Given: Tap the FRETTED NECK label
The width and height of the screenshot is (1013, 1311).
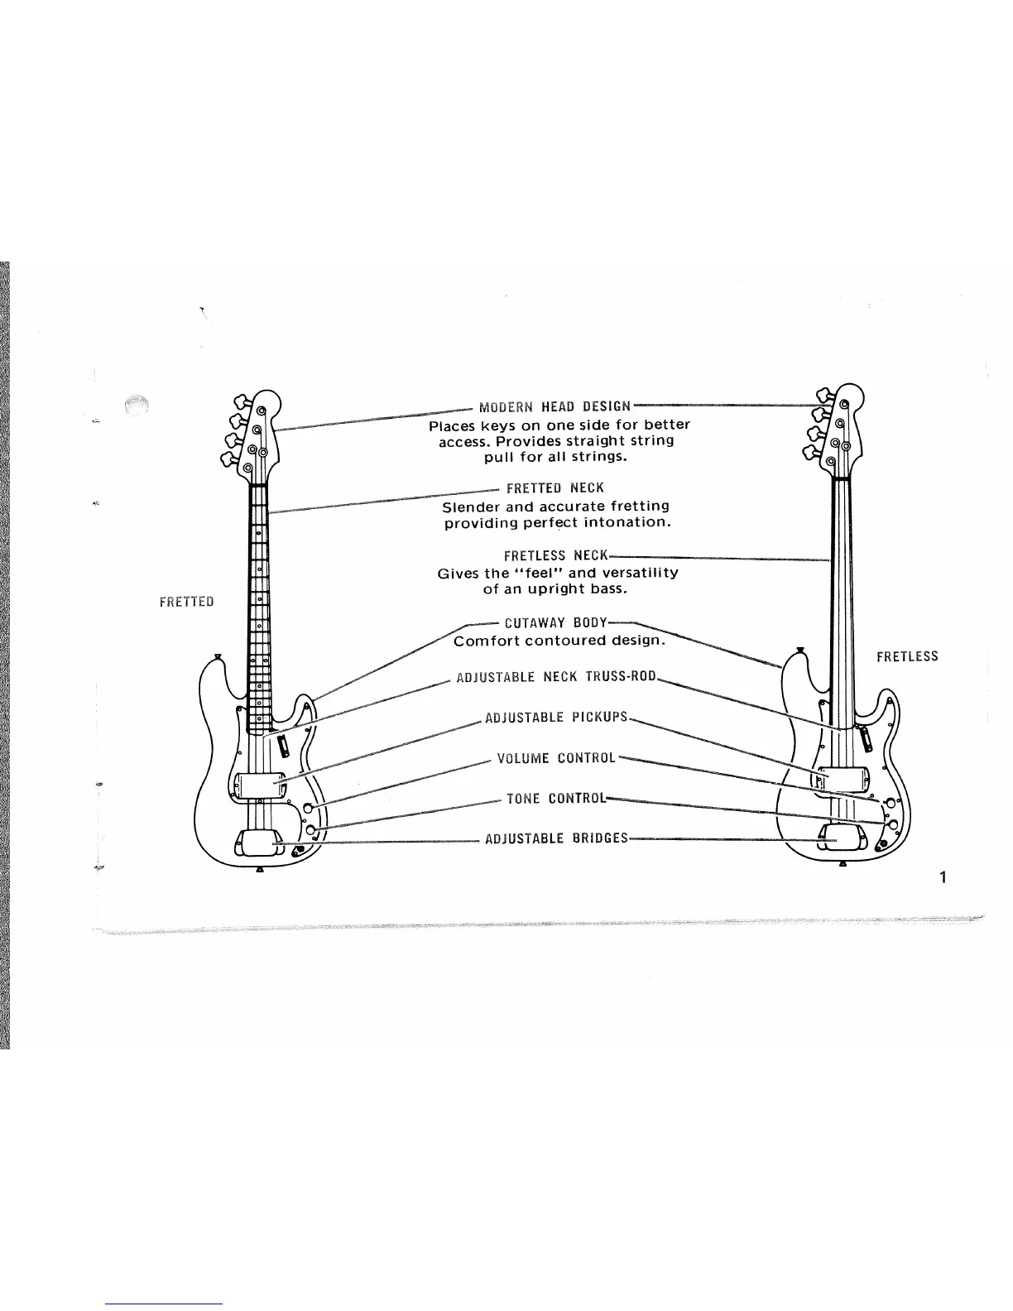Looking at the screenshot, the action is pyautogui.click(x=555, y=488).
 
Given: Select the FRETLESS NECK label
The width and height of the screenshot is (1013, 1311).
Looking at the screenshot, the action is pyautogui.click(x=555, y=555).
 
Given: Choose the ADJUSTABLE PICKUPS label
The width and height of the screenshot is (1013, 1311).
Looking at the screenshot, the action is pyautogui.click(x=556, y=717).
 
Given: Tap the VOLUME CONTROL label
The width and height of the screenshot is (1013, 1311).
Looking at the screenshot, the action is pyautogui.click(x=556, y=758).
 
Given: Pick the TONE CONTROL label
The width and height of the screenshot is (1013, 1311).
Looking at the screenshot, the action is pyautogui.click(x=556, y=799).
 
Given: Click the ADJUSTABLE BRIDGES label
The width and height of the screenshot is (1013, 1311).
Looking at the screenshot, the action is pyautogui.click(x=556, y=838).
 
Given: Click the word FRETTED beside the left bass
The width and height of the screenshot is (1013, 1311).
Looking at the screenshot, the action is pyautogui.click(x=186, y=602).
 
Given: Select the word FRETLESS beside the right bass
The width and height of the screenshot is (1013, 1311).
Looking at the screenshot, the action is pyautogui.click(x=907, y=657).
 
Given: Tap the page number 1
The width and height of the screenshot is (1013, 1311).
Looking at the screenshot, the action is pyautogui.click(x=943, y=878).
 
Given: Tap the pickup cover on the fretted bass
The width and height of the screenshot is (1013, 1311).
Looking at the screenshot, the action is pyautogui.click(x=258, y=783).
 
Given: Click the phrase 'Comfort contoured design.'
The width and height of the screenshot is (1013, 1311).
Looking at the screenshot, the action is pyautogui.click(x=559, y=641).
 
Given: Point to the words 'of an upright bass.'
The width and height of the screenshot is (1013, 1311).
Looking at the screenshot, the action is pyautogui.click(x=555, y=590).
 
